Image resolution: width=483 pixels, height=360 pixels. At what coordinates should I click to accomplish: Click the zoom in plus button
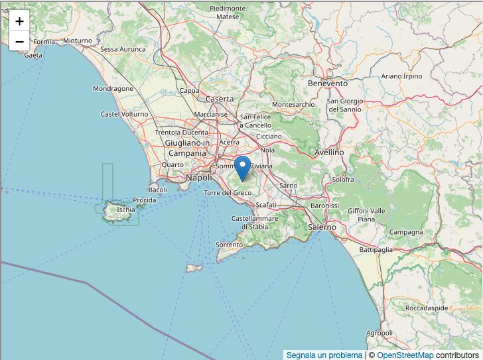click(x=19, y=21)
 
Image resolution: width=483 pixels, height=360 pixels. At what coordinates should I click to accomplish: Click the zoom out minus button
click(x=19, y=41)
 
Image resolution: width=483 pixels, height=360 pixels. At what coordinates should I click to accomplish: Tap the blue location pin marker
click(x=243, y=167)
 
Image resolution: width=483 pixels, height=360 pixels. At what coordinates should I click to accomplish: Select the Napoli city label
click(x=198, y=178)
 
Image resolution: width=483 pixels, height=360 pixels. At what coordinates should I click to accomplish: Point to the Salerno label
click(x=322, y=227)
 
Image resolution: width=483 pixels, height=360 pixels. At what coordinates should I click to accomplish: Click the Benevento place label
click(x=328, y=84)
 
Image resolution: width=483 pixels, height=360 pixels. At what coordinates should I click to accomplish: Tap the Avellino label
click(x=328, y=152)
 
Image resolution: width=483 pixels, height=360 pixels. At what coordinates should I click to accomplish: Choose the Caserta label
click(x=220, y=99)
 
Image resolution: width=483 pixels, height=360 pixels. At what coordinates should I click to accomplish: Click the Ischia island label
click(x=125, y=210)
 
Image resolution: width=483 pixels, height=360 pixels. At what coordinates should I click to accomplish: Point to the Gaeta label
click(x=33, y=55)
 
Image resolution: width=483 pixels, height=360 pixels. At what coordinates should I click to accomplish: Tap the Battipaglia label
click(x=376, y=250)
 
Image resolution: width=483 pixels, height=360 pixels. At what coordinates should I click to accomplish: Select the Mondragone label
click(x=113, y=88)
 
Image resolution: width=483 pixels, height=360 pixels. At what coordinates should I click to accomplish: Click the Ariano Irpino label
click(x=401, y=76)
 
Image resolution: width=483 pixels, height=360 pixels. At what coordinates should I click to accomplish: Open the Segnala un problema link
click(x=324, y=355)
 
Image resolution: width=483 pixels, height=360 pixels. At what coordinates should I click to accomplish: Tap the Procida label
click(x=145, y=200)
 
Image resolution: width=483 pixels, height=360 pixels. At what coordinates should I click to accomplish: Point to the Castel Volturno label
click(x=125, y=114)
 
